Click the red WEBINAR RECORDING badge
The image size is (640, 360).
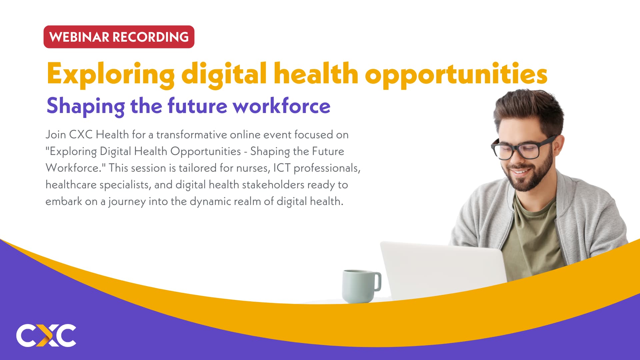pyautogui.click(x=119, y=37)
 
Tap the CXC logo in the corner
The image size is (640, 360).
pyautogui.click(x=46, y=335)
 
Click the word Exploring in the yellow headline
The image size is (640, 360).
pyautogui.click(x=110, y=74)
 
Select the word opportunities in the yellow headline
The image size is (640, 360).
pyautogui.click(x=456, y=74)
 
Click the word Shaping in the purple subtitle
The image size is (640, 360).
pyautogui.click(x=86, y=106)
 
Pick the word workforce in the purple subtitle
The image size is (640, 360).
pyautogui.click(x=281, y=106)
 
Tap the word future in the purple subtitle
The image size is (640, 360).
pyautogui.click(x=197, y=106)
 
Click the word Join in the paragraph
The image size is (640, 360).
pyautogui.click(x=56, y=135)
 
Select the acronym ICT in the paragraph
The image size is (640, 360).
pyautogui.click(x=282, y=168)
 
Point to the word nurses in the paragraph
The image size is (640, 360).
pyautogui.click(x=253, y=168)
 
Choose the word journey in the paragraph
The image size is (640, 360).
pyautogui.click(x=127, y=202)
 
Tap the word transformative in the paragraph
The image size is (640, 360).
pyautogui.click(x=191, y=135)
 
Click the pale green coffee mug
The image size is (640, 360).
pyautogui.click(x=358, y=286)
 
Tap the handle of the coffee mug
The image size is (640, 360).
pyautogui.click(x=378, y=282)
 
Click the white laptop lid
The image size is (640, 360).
pyautogui.click(x=443, y=270)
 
